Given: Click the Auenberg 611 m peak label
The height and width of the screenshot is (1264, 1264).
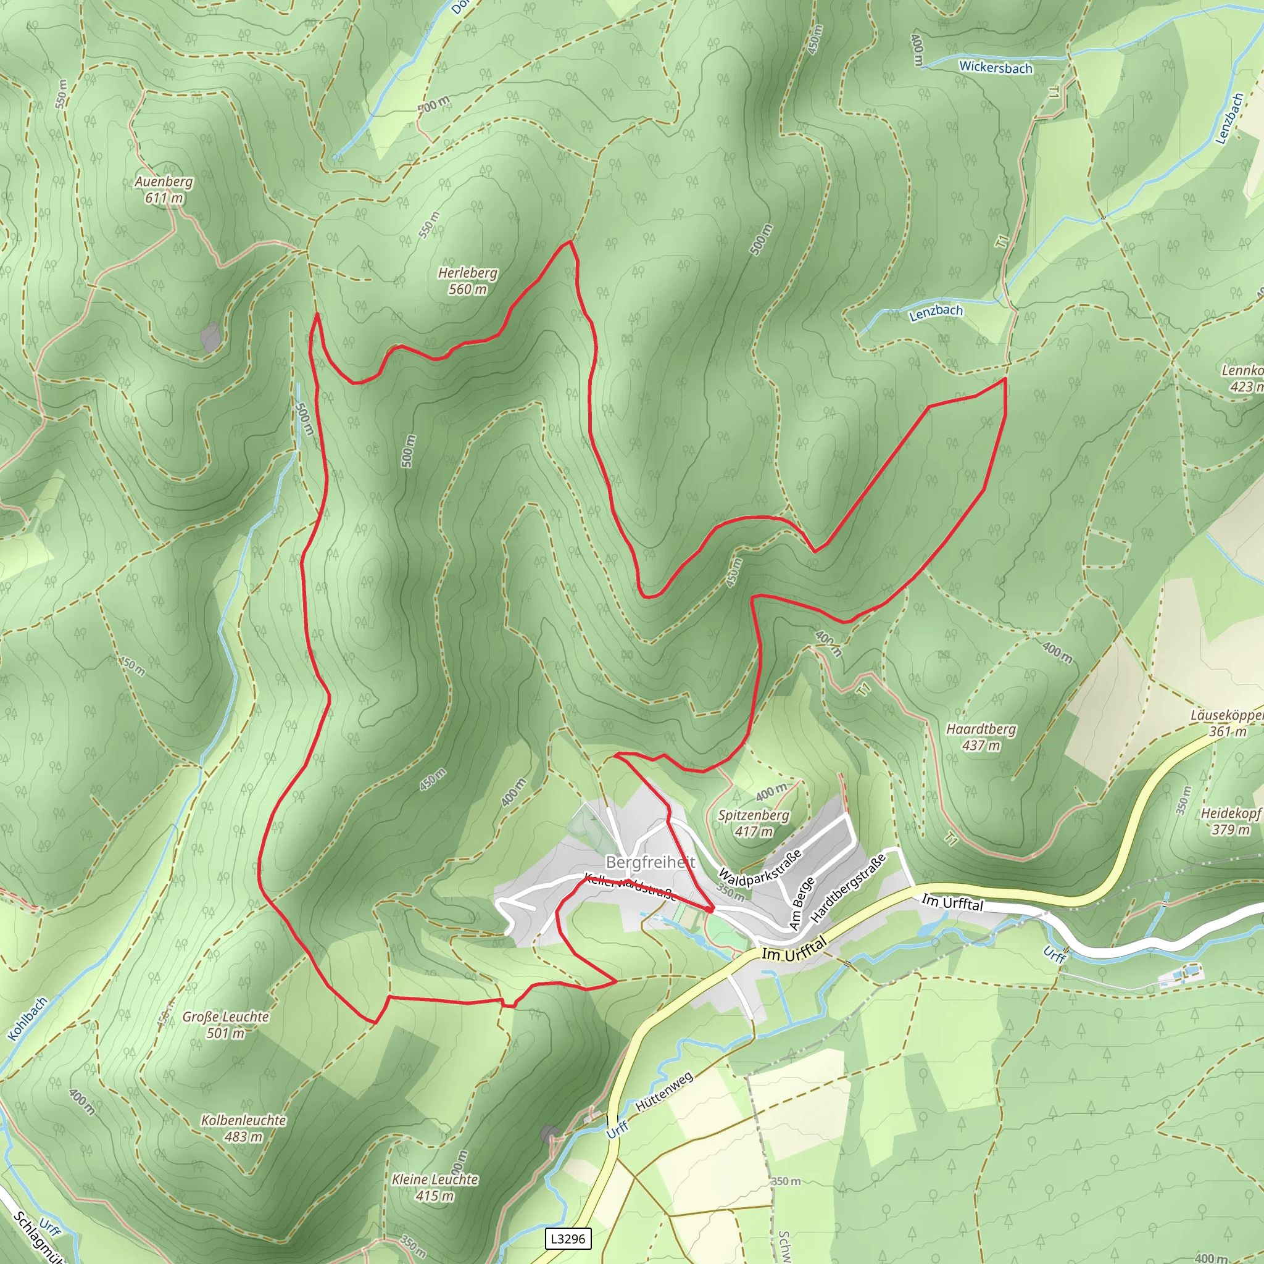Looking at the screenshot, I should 164,189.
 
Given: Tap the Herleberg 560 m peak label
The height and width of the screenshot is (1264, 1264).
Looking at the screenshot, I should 467,281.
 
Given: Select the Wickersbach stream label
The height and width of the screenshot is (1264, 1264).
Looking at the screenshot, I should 995,67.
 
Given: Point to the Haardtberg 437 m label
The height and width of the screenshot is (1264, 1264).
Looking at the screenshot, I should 981,737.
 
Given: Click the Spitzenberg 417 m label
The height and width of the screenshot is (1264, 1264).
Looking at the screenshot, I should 753,823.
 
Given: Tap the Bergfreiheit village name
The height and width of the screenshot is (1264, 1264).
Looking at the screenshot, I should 650,862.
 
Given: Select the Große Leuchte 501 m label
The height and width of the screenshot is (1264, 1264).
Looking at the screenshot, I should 226,1025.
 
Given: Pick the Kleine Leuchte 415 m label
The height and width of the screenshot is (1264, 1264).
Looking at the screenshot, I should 434,1187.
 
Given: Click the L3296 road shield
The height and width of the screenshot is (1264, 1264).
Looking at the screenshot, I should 568,1239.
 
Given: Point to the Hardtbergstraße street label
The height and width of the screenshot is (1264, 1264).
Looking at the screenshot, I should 848,888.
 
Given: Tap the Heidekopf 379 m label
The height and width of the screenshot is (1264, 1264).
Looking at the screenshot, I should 1230,821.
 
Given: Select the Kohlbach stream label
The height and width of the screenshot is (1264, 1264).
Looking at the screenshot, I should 28,1018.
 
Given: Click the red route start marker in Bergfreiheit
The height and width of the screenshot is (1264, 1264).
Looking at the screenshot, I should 710,908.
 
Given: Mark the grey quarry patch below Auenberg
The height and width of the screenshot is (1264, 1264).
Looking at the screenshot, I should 210,337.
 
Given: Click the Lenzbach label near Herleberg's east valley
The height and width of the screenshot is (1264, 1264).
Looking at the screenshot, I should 936,312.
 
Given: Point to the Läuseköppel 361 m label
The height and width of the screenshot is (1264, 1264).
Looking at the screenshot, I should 1226,723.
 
